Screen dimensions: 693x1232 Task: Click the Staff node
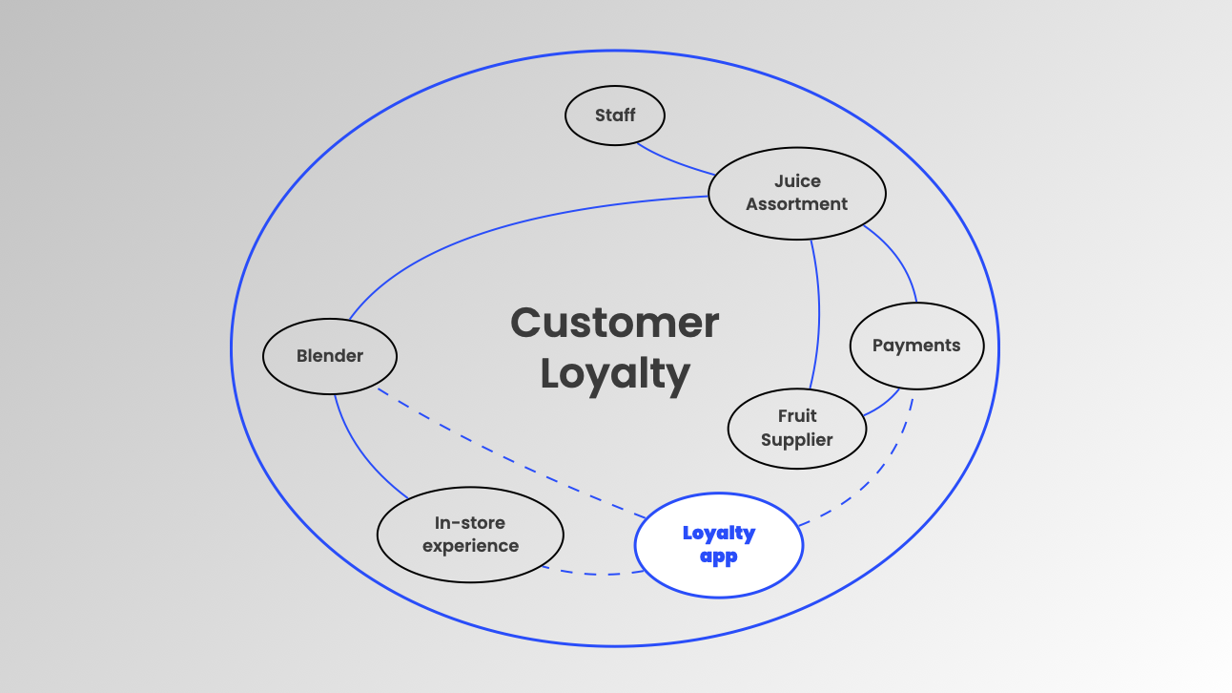coord(615,115)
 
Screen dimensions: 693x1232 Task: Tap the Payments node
coord(915,346)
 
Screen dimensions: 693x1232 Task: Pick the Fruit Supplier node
coord(797,428)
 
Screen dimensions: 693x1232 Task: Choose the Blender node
coord(330,356)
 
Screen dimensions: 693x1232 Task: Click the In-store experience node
coord(470,535)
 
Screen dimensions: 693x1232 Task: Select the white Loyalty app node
coord(719,545)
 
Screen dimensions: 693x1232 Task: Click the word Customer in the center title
coord(615,323)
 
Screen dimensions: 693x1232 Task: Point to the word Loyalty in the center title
coord(615,373)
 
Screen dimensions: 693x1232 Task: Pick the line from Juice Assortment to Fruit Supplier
coord(818,315)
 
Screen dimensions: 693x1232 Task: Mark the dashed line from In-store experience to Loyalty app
coord(591,574)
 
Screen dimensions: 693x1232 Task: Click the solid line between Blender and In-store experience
coord(360,454)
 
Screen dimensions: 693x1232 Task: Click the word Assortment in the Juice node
coord(797,204)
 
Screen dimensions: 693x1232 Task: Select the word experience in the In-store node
coord(470,547)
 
